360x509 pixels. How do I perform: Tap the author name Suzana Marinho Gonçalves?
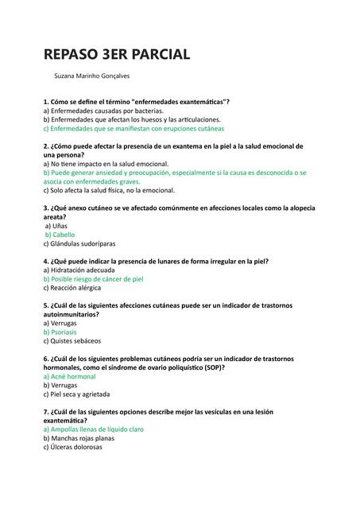click(x=91, y=76)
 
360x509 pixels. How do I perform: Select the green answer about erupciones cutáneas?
click(x=134, y=128)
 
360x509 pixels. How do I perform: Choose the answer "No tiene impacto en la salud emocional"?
click(x=106, y=163)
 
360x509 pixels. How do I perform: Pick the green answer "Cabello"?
click(x=60, y=235)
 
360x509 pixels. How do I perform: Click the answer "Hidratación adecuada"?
click(x=85, y=270)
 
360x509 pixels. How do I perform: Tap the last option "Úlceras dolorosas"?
click(x=72, y=447)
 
